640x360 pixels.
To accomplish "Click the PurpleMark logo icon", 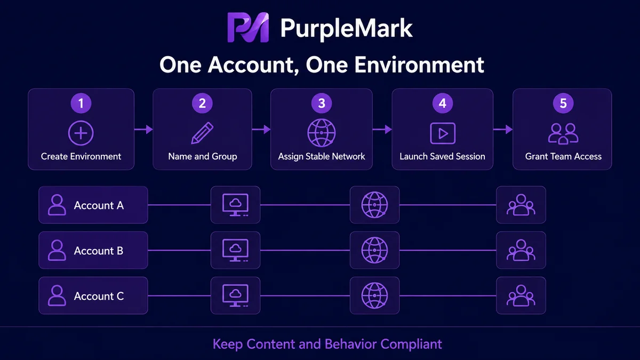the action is coord(248,27).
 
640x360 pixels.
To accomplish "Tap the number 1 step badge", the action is coord(81,103).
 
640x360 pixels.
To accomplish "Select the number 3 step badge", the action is coord(322,103).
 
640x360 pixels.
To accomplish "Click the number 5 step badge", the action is coord(563,103).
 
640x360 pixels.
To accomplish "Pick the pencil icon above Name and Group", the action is coord(202,133).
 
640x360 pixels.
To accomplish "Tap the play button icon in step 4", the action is coord(443,133).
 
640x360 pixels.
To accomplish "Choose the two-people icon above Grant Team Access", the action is coord(563,134).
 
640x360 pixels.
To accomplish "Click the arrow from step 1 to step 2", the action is coord(143,130).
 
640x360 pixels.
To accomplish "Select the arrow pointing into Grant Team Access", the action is coord(503,130).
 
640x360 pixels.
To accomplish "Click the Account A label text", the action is coord(99,205).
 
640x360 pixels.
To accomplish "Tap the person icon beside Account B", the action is coord(57,250).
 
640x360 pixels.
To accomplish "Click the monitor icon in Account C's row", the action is coord(235,295).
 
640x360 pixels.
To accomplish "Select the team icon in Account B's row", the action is coord(521,250).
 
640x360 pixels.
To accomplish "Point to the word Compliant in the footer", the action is coord(411,345).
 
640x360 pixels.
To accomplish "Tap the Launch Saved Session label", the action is coord(442,157).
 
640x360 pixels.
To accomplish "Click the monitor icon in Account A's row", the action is coord(235,205).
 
